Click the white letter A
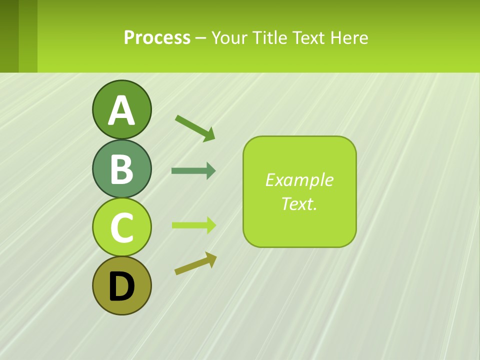pyautogui.click(x=121, y=111)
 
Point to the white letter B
pyautogui.click(x=121, y=169)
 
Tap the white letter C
pyautogui.click(x=121, y=227)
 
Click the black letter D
pyautogui.click(x=121, y=286)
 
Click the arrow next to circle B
pyautogui.click(x=193, y=171)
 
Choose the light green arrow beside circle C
pyautogui.click(x=193, y=225)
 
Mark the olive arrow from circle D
pyautogui.click(x=195, y=263)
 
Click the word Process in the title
pyautogui.click(x=157, y=38)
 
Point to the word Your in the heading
pyautogui.click(x=229, y=38)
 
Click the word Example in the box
pyautogui.click(x=299, y=180)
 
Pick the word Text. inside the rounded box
pyautogui.click(x=299, y=203)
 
